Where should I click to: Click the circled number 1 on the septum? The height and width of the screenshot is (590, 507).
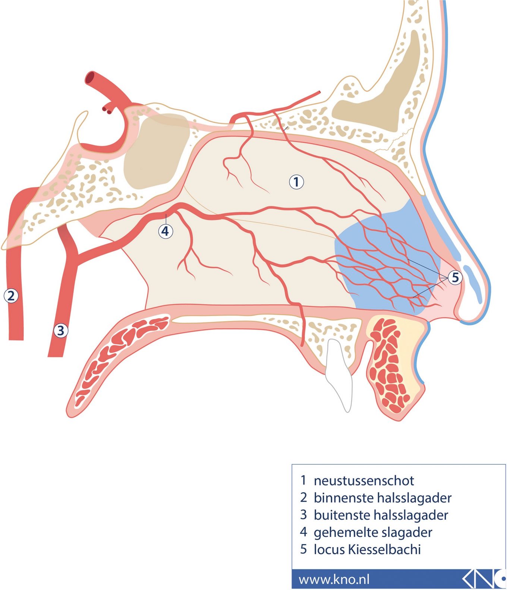[x=296, y=182]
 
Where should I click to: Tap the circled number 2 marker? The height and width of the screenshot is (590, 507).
[x=11, y=296]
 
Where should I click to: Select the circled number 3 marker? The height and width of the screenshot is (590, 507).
[x=61, y=330]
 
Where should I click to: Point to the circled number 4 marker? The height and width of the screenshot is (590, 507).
[x=166, y=231]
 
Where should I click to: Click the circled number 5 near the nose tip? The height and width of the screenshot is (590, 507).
[x=455, y=277]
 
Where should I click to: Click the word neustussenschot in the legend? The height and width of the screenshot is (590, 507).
[x=363, y=481]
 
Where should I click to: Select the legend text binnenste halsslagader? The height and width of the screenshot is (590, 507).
[x=382, y=498]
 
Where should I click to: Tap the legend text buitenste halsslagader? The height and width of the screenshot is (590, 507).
[x=381, y=515]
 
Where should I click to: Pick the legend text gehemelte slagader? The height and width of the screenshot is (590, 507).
[x=373, y=532]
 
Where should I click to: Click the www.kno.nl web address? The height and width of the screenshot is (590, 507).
[x=334, y=579]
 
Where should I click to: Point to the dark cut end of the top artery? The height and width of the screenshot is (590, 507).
[x=91, y=78]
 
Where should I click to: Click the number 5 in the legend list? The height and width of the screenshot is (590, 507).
[x=303, y=549]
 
